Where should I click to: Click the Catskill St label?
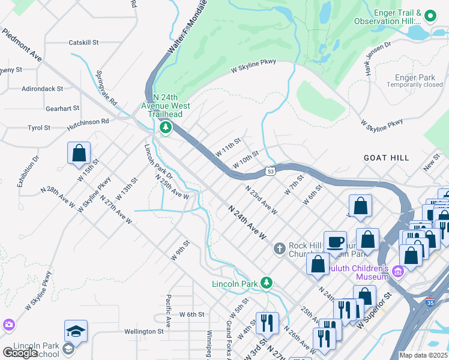coord(83,43)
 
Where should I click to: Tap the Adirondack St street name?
coord(42,88)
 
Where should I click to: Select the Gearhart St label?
coord(62,109)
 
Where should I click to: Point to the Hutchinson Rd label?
coord(88,121)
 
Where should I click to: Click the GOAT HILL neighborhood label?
coord(386,158)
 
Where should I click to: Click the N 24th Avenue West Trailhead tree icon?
coord(165,127)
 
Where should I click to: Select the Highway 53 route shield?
coord(271,172)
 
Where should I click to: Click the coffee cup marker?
coord(335,242)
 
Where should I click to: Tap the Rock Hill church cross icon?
coord(279,248)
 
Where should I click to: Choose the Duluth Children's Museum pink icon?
coord(396,273)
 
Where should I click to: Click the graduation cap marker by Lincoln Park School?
coord(76,331)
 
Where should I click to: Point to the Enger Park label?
coord(415,77)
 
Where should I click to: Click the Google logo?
coord(20,353)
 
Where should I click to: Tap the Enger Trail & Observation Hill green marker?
coord(430,15)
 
